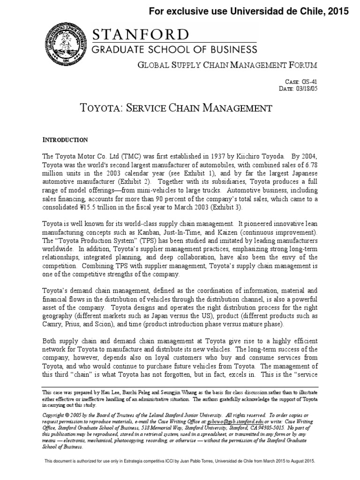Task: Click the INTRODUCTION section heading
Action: pyautogui.click(x=65, y=140)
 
